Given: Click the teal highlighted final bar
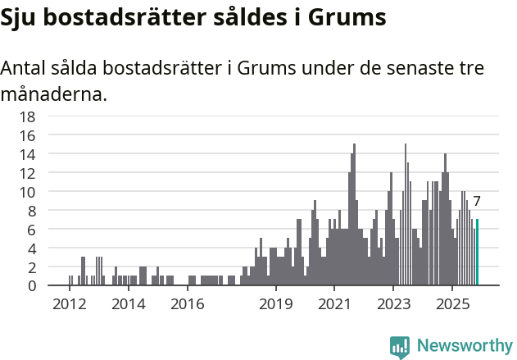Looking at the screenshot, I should pos(478,253).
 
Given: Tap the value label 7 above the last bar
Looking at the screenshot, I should pos(477,202).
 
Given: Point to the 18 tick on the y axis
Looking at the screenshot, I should pos(27,116).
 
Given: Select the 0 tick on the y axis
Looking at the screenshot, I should pos(31,286).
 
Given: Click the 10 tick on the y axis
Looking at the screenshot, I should pos(27,192).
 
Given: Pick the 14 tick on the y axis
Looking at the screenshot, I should pos(27,154).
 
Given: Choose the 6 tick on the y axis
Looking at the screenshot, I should pos(31,230).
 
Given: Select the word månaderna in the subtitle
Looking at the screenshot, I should pos(53,94).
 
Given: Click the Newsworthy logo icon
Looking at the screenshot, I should pos(400,346).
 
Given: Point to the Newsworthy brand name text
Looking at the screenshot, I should pos(464,346).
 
